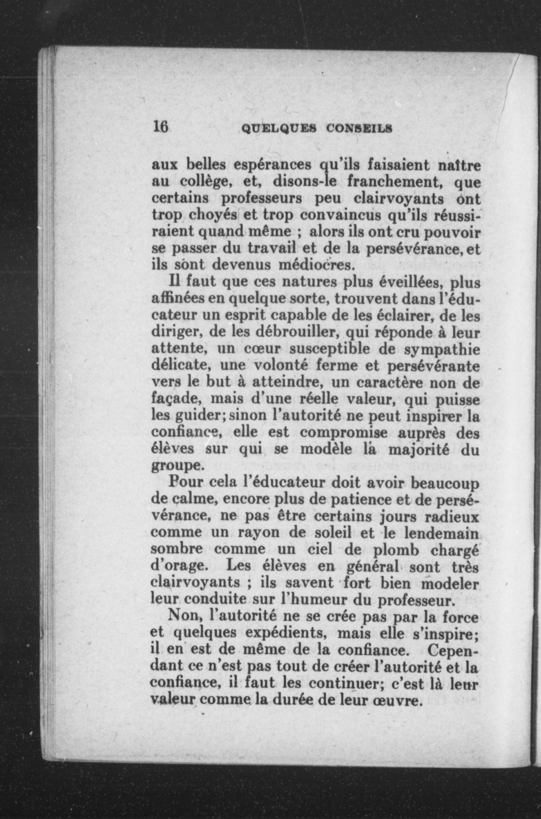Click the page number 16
pos(160,127)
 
